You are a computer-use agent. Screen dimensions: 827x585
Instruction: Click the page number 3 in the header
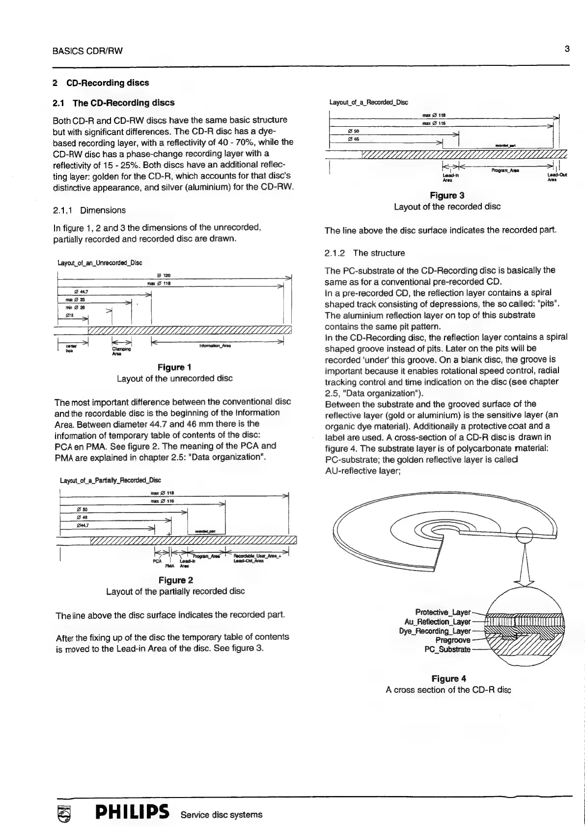pos(567,49)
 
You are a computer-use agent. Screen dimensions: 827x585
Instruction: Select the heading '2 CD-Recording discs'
pos(101,83)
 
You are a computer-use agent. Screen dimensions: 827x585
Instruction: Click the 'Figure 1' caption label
pos(174,368)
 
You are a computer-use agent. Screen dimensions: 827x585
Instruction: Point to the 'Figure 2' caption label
pos(176,580)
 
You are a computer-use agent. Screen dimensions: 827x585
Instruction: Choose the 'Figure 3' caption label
pos(447,196)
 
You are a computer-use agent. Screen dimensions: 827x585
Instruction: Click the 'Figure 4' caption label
pos(448,679)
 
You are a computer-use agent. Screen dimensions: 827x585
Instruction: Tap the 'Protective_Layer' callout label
pos(443,612)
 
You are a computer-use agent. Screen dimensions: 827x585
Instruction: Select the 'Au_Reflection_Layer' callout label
pos(437,622)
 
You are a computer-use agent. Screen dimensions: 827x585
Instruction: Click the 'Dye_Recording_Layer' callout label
pos(435,631)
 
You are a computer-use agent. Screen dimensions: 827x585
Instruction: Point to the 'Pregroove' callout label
pos(453,640)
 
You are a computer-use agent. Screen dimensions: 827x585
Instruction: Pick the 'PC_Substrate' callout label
pos(447,650)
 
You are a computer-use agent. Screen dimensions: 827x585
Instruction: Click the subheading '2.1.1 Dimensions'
pos(89,210)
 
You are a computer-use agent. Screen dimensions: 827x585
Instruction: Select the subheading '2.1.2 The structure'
pos(364,253)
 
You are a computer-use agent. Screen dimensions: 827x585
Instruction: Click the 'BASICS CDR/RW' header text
pos(87,51)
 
